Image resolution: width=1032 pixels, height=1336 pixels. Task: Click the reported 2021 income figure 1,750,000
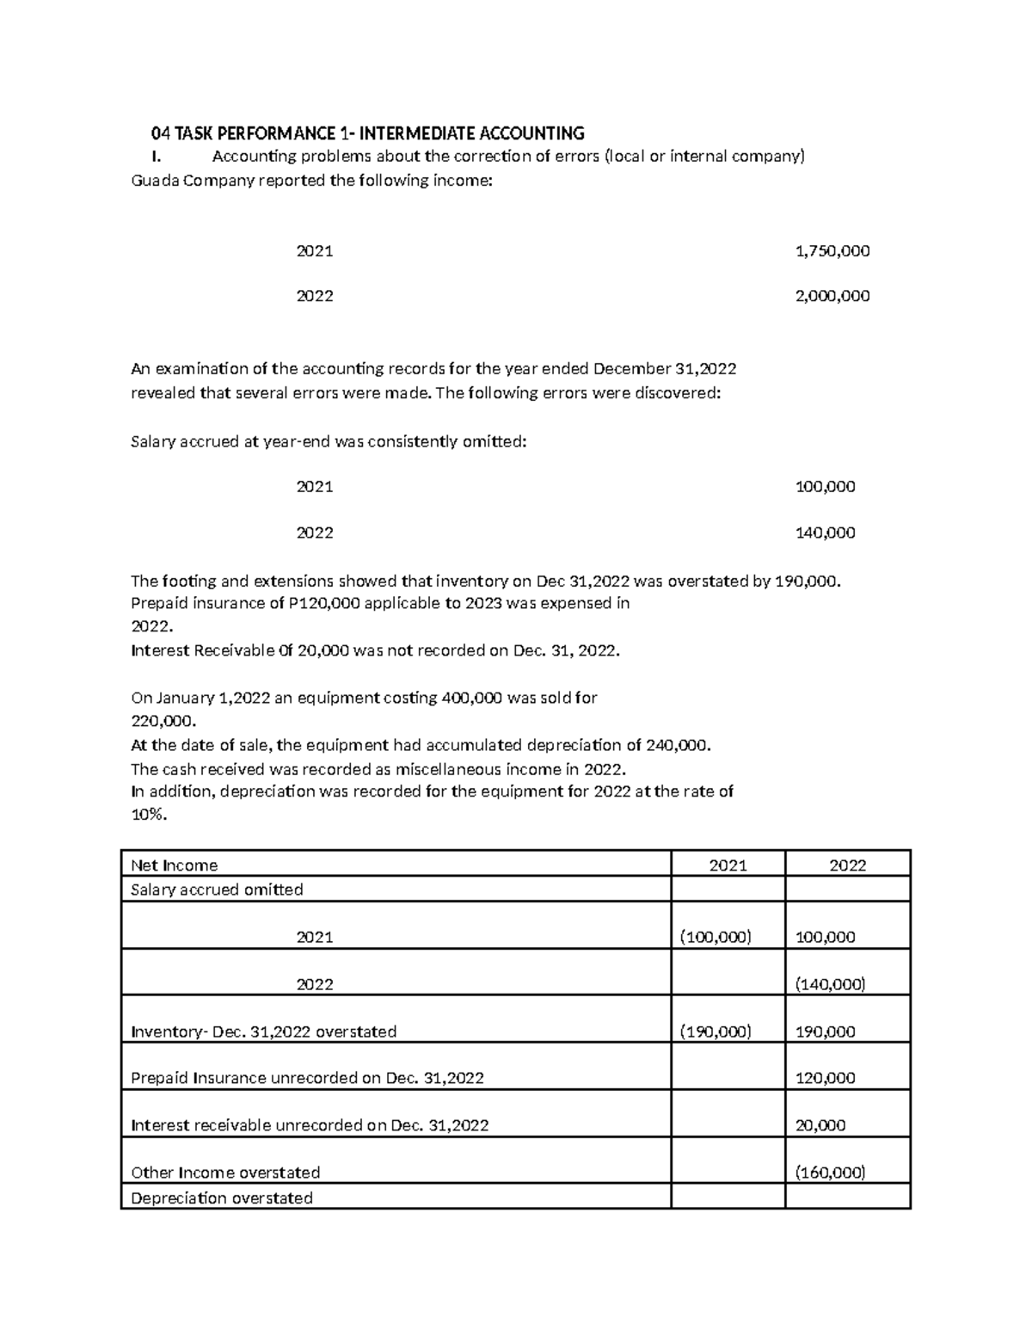pyautogui.click(x=832, y=251)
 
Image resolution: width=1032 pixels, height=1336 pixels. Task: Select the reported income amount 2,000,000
pyautogui.click(x=832, y=296)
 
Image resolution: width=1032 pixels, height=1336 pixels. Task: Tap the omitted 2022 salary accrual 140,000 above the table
pyautogui.click(x=825, y=533)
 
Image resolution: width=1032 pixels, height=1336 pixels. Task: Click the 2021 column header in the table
pyautogui.click(x=728, y=865)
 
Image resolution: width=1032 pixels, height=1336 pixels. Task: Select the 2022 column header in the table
pyautogui.click(x=847, y=865)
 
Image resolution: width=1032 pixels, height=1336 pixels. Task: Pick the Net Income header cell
pyautogui.click(x=174, y=865)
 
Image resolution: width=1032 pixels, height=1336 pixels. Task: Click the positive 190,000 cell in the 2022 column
pyautogui.click(x=825, y=1031)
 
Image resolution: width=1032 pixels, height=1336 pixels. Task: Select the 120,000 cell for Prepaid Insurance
pyautogui.click(x=825, y=1078)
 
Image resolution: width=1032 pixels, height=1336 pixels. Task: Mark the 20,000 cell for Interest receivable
pyautogui.click(x=820, y=1125)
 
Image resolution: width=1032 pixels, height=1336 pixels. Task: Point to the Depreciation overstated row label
pyautogui.click(x=221, y=1197)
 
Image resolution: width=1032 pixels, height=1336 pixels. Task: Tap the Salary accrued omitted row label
pyautogui.click(x=216, y=890)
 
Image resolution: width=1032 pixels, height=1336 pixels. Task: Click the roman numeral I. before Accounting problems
pyautogui.click(x=155, y=157)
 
